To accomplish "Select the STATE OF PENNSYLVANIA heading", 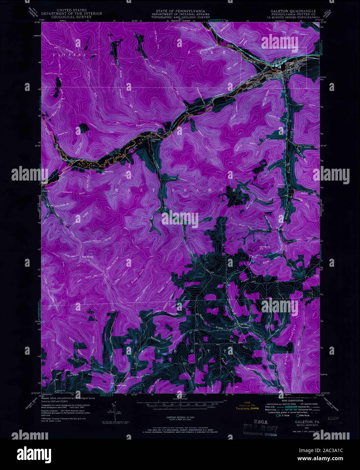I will click(180, 11).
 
